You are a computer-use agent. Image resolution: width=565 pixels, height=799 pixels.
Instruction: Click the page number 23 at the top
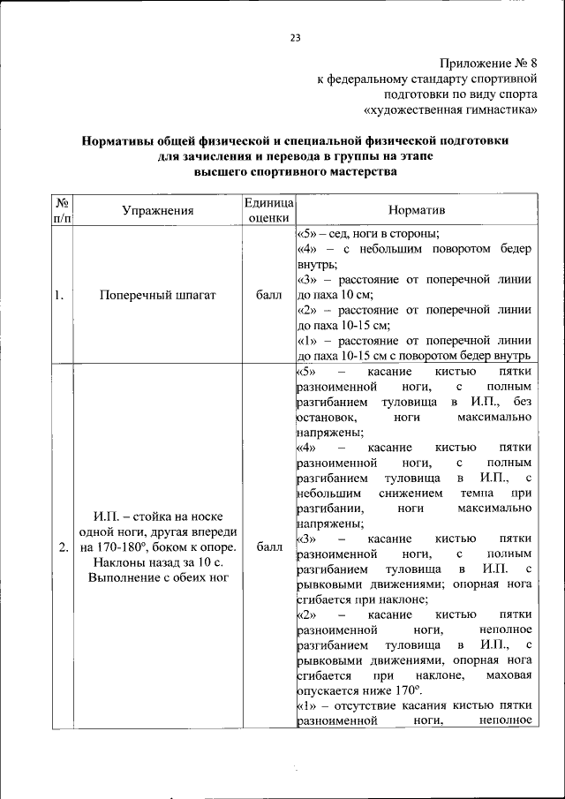coord(295,37)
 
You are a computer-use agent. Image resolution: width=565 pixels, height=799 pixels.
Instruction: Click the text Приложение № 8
coord(488,64)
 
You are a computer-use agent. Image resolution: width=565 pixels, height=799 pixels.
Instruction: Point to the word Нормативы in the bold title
coord(119,141)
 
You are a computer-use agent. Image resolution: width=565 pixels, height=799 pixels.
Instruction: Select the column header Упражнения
coord(158,212)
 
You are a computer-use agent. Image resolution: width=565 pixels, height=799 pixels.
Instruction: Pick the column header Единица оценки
coord(268,212)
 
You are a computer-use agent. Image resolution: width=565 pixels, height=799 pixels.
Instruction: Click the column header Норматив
coord(417,212)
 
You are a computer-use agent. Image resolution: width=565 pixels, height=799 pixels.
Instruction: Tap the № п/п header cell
coord(62,212)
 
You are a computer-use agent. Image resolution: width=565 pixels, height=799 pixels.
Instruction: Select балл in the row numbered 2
coord(268,547)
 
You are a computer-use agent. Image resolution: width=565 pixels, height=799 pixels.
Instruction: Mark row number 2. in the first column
coord(63,547)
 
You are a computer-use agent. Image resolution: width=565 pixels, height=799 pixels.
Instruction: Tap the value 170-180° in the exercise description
coord(125,547)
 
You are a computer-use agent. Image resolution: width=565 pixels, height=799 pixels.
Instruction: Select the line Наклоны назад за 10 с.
coord(158,562)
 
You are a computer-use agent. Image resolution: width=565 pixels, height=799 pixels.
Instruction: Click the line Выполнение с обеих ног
coord(158,578)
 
